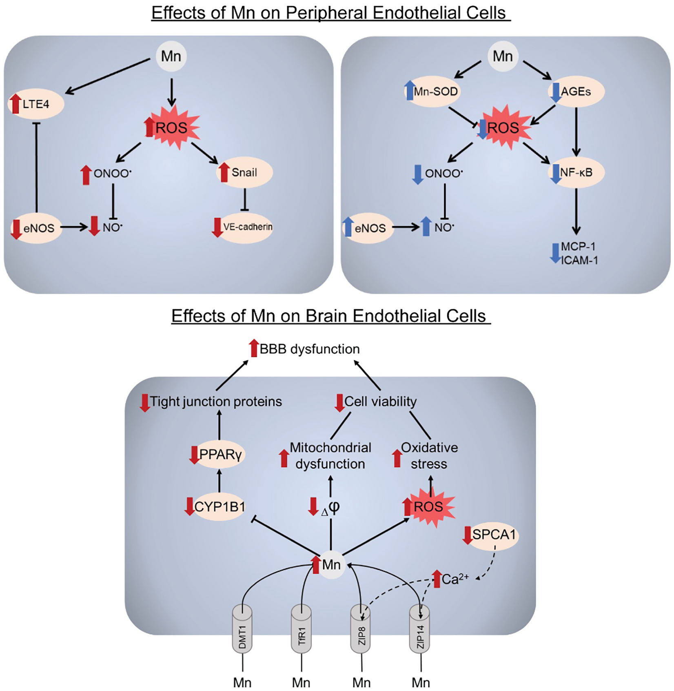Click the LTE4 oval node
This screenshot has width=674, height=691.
coord(36,104)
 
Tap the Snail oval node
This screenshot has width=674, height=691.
coord(244,172)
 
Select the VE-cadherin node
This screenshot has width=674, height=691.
coord(246,227)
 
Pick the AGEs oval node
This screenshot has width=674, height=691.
coord(576,91)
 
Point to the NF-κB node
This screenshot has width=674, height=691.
coord(576,172)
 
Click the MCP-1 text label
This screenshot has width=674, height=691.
coord(578,246)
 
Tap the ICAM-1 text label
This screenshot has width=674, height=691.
coord(579,260)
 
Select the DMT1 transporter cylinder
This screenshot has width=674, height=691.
coord(242,629)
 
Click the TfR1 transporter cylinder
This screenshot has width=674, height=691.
coord(301,629)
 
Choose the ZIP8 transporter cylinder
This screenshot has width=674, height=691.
coord(361,629)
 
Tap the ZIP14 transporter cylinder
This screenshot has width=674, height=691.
coord(420,629)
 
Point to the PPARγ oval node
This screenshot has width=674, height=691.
coord(219,454)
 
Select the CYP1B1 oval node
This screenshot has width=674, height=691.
coord(219,507)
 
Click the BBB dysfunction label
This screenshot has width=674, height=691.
coord(309,349)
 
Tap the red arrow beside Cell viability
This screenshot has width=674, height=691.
coord(339,403)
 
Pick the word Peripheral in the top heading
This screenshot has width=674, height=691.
coord(328,13)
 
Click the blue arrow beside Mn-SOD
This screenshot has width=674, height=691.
coord(409,91)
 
